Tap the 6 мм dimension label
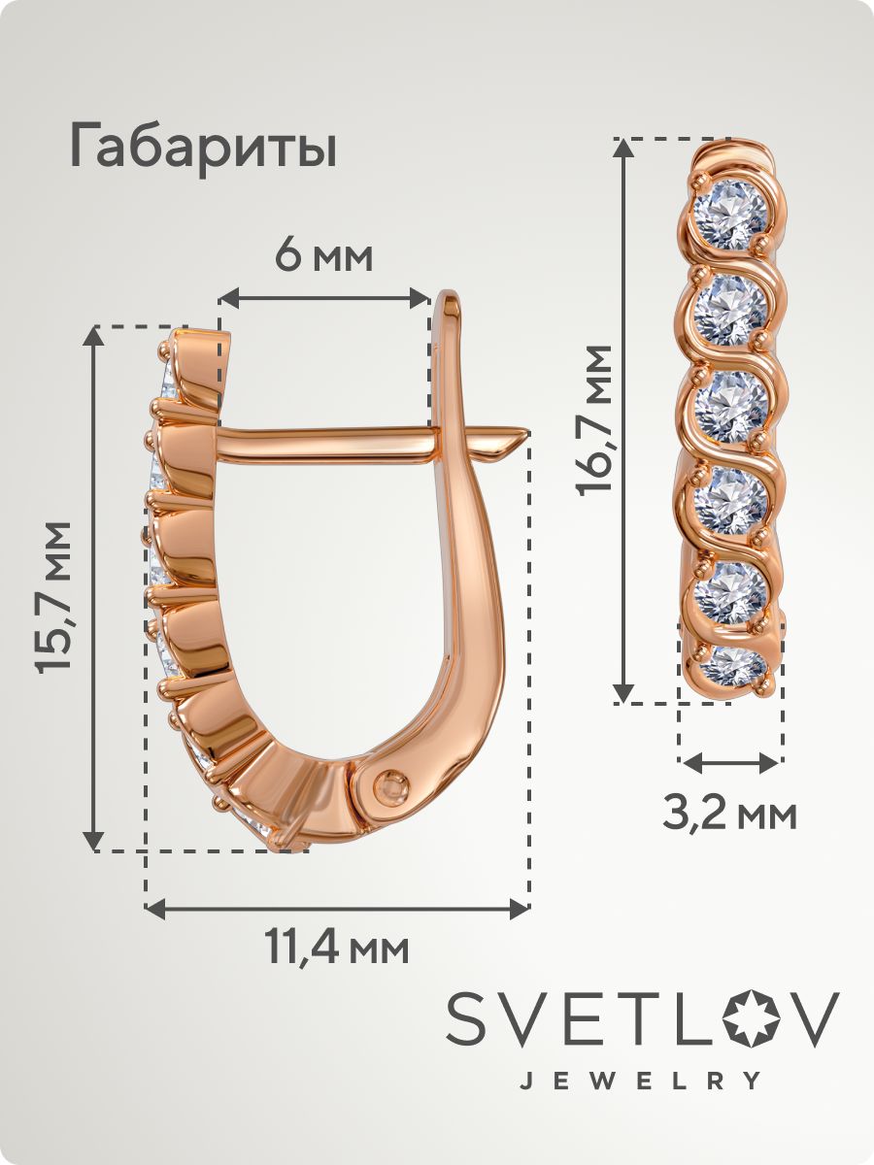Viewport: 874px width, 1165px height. [x=323, y=258]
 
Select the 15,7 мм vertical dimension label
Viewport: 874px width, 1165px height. [x=53, y=598]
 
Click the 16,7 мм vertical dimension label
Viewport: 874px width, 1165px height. [x=595, y=420]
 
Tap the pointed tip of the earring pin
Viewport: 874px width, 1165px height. [x=528, y=431]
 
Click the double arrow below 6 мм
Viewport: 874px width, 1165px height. [x=323, y=298]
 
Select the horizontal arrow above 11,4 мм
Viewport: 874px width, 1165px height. [x=338, y=909]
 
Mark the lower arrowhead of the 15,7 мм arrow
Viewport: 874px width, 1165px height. [x=94, y=840]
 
